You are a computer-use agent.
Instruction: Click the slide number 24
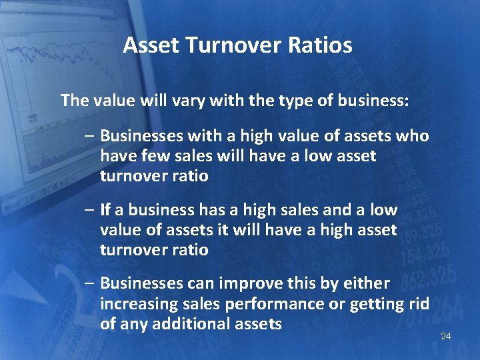tap(446, 336)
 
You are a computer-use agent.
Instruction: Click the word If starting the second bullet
tap(105, 210)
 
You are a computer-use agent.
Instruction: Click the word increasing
tap(138, 304)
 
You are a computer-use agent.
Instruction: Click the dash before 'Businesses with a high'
tap(89, 136)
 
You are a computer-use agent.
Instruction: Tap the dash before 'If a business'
tap(89, 210)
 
